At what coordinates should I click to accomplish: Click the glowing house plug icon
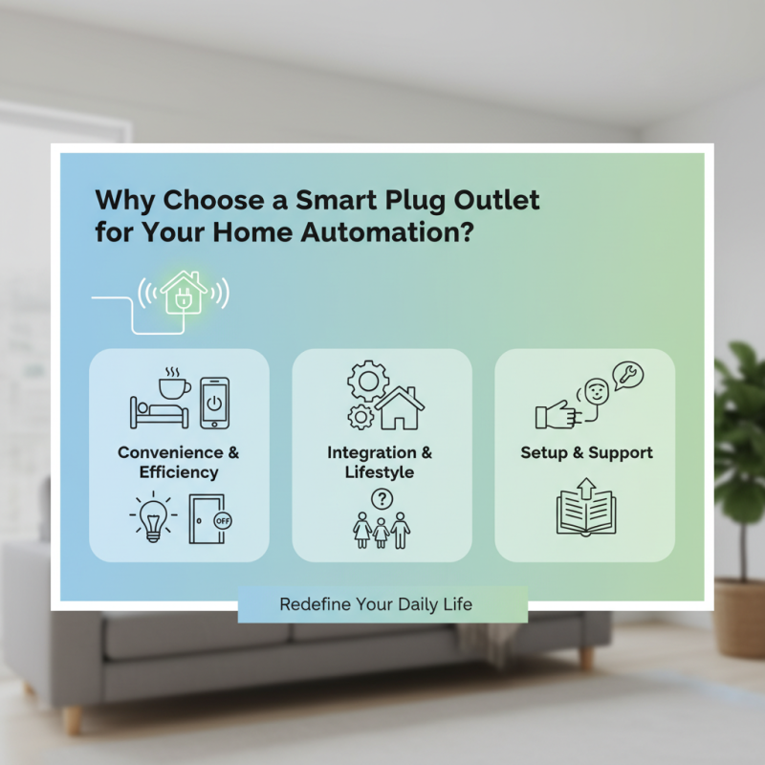pos(182,293)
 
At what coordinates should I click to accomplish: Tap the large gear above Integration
pos(367,381)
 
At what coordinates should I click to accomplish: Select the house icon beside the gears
pos(400,408)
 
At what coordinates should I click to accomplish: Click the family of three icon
pos(382,528)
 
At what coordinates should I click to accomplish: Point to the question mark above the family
pos(382,498)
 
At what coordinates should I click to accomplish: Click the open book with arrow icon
pos(585,510)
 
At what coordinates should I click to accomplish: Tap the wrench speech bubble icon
pos(627,377)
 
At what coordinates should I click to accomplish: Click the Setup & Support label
pos(584,452)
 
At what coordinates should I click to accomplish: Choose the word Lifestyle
pos(380,472)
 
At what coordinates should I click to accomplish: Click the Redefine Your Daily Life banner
pos(382,604)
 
